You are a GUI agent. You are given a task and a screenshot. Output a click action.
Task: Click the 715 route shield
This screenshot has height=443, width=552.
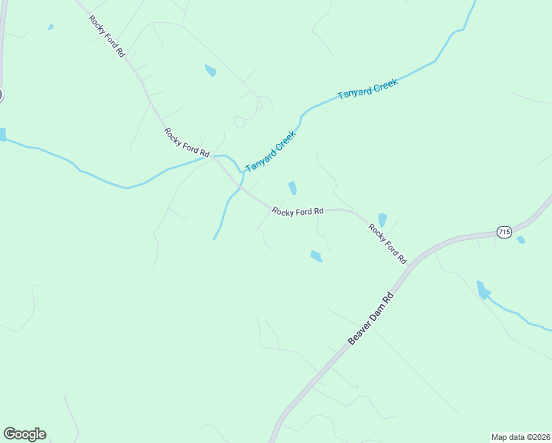tap(504, 232)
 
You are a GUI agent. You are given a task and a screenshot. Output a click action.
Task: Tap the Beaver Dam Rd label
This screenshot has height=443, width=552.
tap(372, 319)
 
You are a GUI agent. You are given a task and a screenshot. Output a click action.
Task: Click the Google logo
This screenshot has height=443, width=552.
tap(24, 434)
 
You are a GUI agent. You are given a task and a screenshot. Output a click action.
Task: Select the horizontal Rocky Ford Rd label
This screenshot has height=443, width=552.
tap(297, 211)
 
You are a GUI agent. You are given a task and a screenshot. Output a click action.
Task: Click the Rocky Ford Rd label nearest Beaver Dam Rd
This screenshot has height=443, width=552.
tap(387, 244)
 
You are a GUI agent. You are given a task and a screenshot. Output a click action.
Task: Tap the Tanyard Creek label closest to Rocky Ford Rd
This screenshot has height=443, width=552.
tap(270, 151)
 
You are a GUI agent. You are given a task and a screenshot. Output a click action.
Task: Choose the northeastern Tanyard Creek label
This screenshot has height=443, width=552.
tap(368, 89)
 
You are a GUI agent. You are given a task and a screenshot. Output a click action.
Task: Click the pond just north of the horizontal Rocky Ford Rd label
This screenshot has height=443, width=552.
tap(293, 188)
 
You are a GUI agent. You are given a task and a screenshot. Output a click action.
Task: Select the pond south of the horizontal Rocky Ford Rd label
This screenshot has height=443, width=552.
tap(316, 256)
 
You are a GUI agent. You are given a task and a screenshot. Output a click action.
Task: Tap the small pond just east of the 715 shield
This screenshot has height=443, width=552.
tap(521, 240)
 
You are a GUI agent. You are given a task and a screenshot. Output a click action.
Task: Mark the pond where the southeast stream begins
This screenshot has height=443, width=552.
tap(483, 289)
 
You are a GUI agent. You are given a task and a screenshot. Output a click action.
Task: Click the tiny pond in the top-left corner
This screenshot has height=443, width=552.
tap(50, 27)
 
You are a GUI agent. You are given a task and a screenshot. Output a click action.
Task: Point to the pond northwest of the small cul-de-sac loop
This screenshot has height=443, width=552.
tap(210, 71)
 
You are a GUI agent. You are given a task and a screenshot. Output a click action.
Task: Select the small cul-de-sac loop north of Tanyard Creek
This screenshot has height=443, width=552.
tap(239, 122)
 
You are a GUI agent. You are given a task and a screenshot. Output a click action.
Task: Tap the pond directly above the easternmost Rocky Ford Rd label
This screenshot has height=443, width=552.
tap(382, 220)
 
